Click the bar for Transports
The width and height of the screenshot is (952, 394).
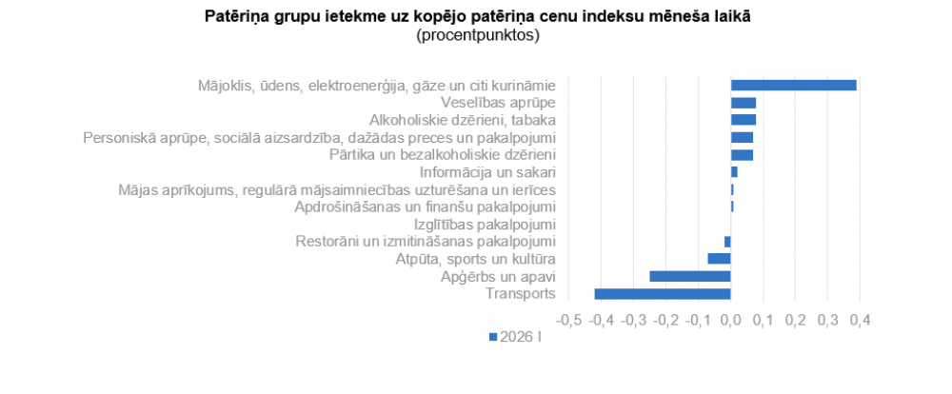pos(663,293)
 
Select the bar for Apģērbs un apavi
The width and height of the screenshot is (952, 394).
pos(690,276)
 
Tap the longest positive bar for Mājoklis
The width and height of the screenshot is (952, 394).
pos(793,85)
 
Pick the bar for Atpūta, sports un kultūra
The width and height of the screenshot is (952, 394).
pos(719,259)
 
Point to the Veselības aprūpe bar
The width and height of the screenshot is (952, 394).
pos(744,102)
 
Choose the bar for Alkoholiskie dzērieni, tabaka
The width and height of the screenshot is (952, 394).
pos(744,120)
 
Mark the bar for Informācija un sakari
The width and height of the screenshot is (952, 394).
pos(734,171)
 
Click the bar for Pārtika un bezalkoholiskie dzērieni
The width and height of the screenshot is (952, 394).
pos(742,154)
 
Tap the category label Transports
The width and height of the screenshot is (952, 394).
pos(520,293)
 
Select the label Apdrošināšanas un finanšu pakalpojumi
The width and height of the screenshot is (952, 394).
pos(425,207)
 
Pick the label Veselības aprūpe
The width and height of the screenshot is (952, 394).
pos(498,102)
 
